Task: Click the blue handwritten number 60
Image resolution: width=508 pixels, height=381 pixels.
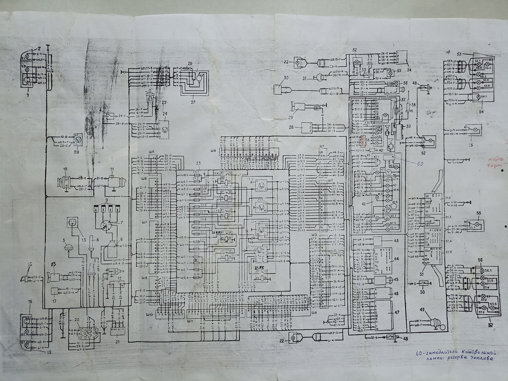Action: pos(420,164)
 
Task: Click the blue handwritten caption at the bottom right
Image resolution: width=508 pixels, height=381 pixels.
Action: pos(455,355)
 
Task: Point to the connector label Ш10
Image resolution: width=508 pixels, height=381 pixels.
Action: pos(149,315)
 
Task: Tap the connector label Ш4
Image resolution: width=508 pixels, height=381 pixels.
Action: pos(314,313)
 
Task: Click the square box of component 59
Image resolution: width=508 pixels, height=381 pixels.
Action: pos(78,139)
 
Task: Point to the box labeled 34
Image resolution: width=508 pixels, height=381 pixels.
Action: pos(401,57)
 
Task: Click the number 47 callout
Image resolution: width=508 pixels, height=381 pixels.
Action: pos(397,312)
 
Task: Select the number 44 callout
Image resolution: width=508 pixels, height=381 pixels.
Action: pos(396,259)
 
